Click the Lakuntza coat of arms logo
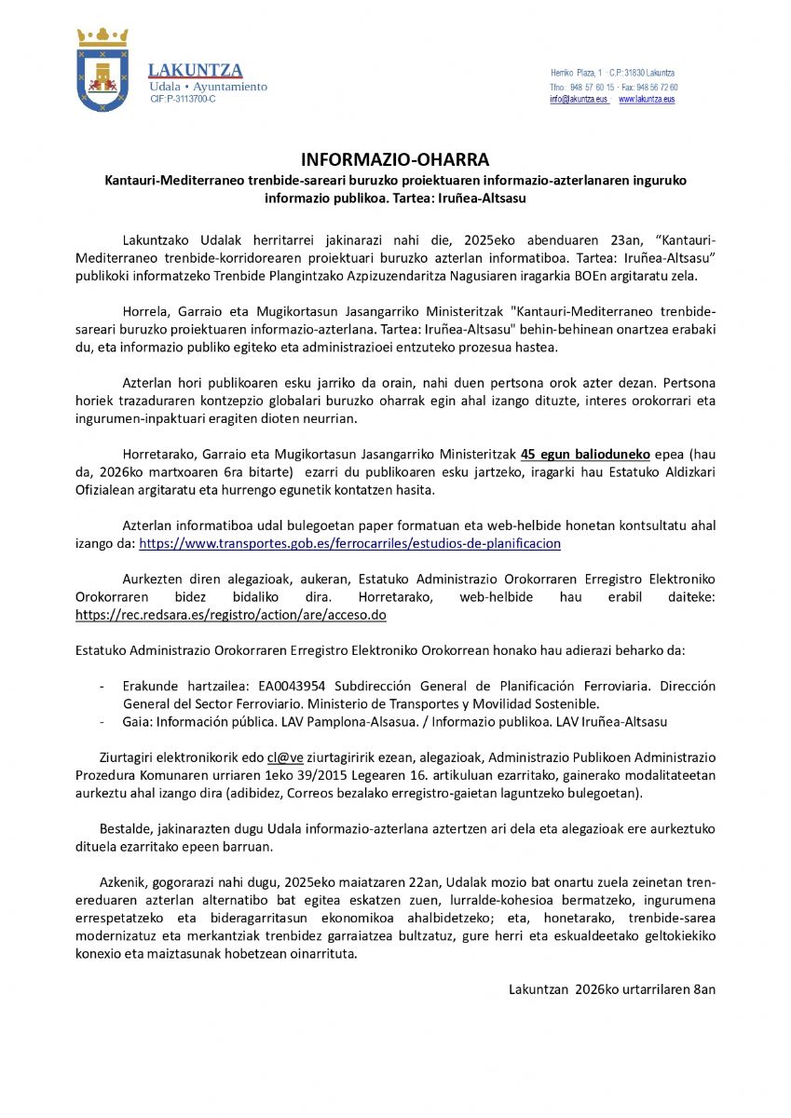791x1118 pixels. click(x=102, y=70)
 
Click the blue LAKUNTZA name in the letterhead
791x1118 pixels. click(x=196, y=71)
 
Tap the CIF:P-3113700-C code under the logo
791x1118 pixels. click(x=183, y=99)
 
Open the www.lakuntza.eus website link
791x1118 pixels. click(x=647, y=99)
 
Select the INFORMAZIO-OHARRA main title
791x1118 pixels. click(x=395, y=159)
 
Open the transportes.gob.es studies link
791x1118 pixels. click(x=349, y=543)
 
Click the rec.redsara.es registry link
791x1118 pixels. click(x=231, y=615)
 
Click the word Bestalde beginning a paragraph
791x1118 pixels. click(x=126, y=829)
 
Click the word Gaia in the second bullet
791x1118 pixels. click(x=137, y=721)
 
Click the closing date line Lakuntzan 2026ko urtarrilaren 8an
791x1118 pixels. click(x=612, y=989)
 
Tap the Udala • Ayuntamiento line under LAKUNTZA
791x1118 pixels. click(x=209, y=87)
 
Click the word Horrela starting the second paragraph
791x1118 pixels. click(x=144, y=311)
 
